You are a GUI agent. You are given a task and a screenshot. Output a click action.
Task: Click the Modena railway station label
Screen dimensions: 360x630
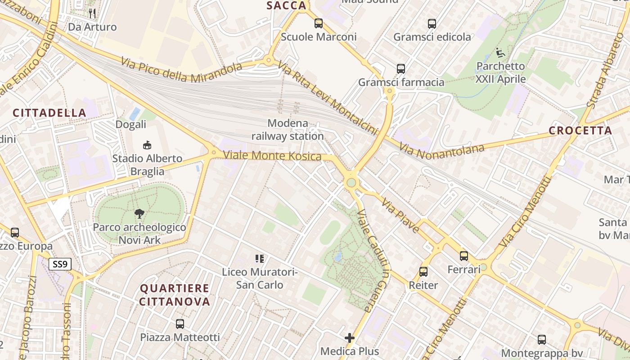point(288,130)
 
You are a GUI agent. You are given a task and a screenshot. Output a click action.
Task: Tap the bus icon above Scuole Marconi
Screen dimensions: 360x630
point(319,23)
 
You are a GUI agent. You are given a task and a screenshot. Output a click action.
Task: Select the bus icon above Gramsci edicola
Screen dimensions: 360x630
point(432,24)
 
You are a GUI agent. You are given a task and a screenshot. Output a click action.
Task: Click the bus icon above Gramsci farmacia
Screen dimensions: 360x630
point(401,69)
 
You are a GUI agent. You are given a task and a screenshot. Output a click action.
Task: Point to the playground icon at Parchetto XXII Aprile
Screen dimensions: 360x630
point(500,53)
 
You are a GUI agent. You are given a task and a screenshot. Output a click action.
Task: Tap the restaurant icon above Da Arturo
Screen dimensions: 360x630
point(92,13)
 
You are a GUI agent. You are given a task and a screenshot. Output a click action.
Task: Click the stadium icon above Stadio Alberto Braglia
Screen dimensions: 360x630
point(147,145)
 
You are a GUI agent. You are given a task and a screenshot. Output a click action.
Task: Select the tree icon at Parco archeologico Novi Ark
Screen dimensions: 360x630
point(139,214)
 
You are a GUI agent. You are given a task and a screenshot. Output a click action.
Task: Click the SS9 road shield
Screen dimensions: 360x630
point(60,264)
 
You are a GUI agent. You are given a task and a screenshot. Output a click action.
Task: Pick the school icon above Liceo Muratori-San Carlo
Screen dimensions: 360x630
point(260,259)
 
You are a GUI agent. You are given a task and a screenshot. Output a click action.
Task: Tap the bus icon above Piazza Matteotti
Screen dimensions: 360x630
point(180,324)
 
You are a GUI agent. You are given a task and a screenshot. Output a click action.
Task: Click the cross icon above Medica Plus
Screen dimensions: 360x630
point(350,338)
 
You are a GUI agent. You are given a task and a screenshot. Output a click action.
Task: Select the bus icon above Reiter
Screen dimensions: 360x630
point(423,272)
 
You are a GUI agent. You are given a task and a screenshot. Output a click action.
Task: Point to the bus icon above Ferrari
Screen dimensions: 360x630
point(464,256)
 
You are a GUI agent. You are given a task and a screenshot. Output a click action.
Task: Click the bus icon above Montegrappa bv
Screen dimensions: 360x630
point(542,340)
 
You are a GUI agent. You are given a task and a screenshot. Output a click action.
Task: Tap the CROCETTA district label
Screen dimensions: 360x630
point(580,131)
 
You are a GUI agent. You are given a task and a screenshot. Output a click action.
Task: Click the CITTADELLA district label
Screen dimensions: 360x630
point(49,113)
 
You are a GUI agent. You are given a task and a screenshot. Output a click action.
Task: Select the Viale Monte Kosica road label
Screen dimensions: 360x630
point(272,156)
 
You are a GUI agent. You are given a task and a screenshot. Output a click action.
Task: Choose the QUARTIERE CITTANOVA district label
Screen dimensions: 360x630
point(175,295)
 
